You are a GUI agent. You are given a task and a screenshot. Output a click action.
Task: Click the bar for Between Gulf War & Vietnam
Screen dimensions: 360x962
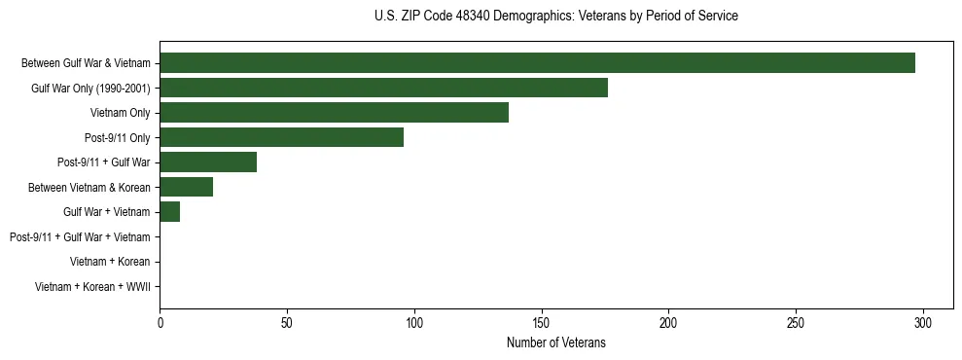click(x=537, y=63)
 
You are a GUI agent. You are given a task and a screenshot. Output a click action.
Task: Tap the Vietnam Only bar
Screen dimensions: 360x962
click(x=334, y=113)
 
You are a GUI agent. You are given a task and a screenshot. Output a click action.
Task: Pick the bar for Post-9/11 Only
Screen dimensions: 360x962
click(x=281, y=137)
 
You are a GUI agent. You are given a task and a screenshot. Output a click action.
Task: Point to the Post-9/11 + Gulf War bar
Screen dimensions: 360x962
click(x=208, y=162)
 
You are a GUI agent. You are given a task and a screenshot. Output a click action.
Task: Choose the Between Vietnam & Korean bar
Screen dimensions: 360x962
click(x=186, y=187)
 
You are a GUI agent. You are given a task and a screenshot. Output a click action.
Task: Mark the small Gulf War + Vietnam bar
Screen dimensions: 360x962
click(x=169, y=212)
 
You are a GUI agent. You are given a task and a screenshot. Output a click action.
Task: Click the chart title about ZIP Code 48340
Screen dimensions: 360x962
click(x=555, y=17)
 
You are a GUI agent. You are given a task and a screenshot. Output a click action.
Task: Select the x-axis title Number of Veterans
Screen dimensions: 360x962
click(x=555, y=342)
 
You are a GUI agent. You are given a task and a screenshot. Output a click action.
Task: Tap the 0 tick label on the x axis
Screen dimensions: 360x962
click(x=160, y=323)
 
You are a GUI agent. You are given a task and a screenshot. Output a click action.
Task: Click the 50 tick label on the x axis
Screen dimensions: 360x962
click(x=287, y=323)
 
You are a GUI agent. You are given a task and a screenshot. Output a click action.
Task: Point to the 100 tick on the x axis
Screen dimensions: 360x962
click(x=414, y=323)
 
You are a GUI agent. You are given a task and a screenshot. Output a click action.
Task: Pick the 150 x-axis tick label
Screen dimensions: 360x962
click(x=542, y=323)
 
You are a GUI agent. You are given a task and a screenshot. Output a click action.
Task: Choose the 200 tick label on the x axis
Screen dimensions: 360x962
click(x=668, y=323)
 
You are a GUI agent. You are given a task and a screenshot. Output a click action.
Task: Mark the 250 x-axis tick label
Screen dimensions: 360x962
click(x=796, y=323)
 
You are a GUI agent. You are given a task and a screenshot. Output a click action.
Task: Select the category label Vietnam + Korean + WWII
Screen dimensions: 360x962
click(x=92, y=287)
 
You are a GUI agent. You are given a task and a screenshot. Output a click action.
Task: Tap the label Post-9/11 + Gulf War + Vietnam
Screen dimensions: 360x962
click(x=80, y=237)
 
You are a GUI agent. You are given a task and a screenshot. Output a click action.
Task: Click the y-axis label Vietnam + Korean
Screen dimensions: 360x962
click(x=110, y=262)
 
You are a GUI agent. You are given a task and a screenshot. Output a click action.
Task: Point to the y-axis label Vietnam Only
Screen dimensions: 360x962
click(x=121, y=113)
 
